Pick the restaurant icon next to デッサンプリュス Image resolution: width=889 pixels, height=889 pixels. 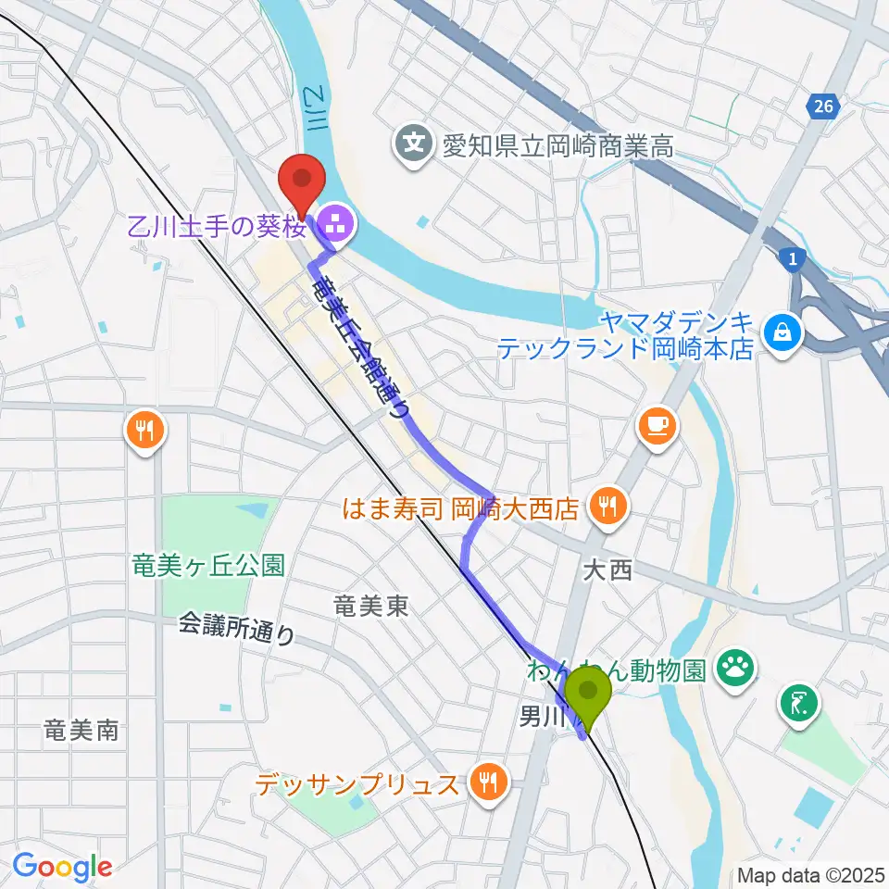coord(486,784)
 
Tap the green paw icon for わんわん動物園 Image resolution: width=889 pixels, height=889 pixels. coord(737,666)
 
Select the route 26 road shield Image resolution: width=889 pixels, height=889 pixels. coord(821,108)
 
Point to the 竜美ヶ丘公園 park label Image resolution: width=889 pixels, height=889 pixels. coord(207,565)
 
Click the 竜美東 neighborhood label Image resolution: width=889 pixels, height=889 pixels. coord(370,607)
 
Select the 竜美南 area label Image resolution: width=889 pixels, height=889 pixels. coord(81,730)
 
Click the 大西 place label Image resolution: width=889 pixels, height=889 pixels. coord(607,571)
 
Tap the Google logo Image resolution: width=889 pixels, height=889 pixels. coord(62,867)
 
